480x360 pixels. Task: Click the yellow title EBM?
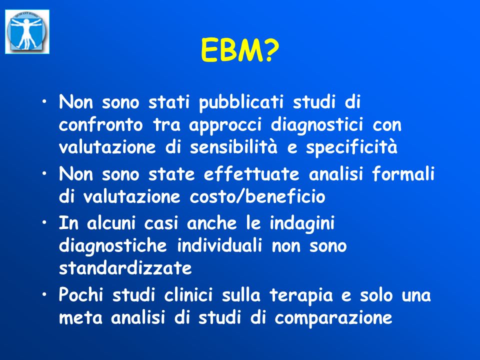240,50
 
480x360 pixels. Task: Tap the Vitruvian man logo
27,32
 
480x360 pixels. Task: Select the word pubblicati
241,102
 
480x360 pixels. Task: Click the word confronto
101,125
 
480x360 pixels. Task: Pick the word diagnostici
317,125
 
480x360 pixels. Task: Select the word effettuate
251,174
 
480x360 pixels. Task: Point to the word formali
403,174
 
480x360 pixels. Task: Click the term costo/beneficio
257,196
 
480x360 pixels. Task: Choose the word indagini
302,223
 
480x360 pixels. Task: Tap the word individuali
220,245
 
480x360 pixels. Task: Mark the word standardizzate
125,268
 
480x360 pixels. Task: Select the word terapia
301,295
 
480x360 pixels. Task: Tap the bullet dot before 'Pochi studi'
44,294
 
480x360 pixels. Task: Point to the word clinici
188,295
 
